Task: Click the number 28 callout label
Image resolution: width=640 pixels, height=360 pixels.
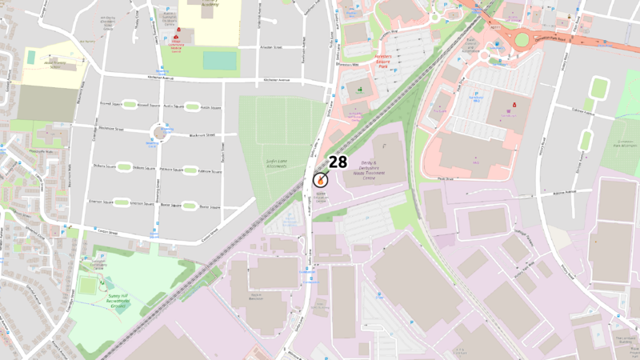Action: [338, 162]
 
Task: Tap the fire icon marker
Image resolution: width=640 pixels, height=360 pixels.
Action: [320, 181]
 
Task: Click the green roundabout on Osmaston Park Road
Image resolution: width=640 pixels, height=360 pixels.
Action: [526, 38]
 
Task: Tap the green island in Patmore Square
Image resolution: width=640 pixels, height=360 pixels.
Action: [190, 170]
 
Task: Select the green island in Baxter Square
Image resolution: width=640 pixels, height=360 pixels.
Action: [190, 206]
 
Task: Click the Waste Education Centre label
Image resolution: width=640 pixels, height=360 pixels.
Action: [321, 196]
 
